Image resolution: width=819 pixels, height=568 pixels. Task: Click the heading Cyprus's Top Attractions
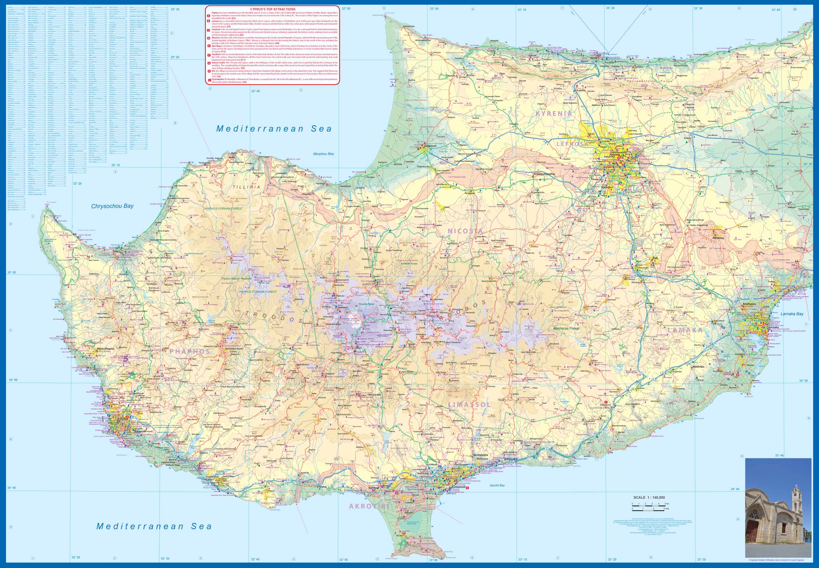click(x=273, y=9)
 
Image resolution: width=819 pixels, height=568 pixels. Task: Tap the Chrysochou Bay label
click(x=112, y=206)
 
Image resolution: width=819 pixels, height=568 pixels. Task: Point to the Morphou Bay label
click(x=323, y=154)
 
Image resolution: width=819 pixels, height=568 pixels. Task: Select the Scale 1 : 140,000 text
click(x=649, y=498)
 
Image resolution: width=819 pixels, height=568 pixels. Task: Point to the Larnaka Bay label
click(x=792, y=314)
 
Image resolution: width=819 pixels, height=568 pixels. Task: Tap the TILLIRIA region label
click(x=246, y=187)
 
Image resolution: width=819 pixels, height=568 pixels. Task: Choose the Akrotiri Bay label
click(x=497, y=485)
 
